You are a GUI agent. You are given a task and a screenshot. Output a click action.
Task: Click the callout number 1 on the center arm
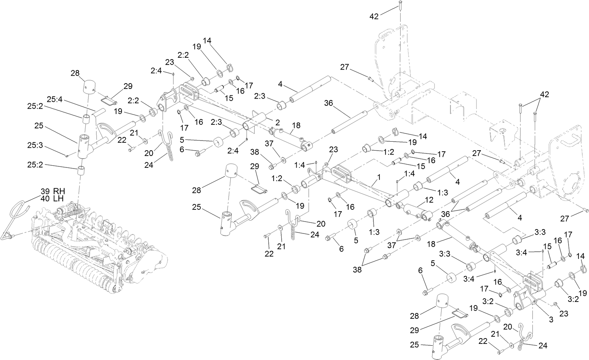pyautogui.click(x=378, y=177)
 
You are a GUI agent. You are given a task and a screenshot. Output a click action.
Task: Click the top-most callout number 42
pyautogui.click(x=374, y=16)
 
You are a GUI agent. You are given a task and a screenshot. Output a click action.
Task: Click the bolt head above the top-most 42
pyautogui.click(x=400, y=3)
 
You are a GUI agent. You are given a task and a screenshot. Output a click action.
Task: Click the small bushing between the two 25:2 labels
pyautogui.click(x=86, y=119)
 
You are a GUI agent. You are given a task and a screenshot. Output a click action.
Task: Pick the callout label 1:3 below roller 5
pyautogui.click(x=374, y=232)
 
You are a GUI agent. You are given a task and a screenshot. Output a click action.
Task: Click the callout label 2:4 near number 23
pyautogui.click(x=156, y=71)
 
